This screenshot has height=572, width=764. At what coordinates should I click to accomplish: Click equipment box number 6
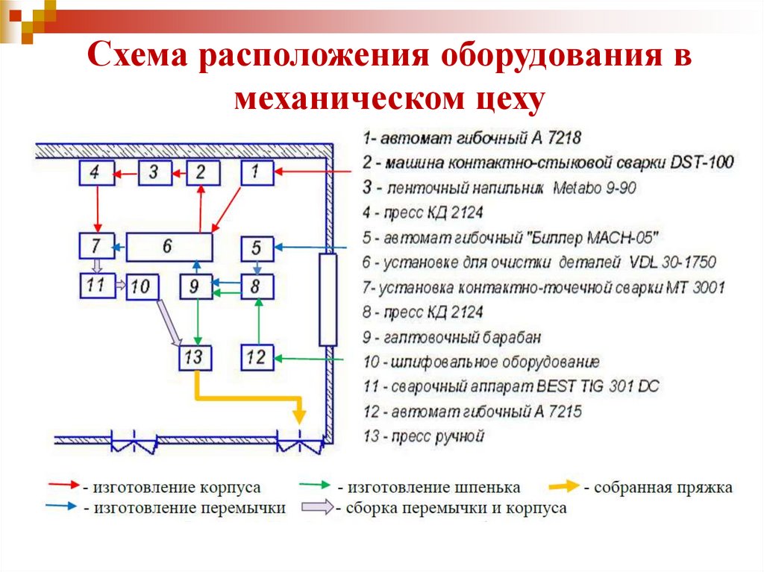tap(169, 246)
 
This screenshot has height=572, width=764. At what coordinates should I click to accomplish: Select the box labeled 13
tap(195, 357)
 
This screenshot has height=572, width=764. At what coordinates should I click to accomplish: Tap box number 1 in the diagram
tap(257, 173)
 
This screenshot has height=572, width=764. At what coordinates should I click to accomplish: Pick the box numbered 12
tap(257, 357)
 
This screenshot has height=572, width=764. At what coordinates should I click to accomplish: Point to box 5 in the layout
tap(257, 247)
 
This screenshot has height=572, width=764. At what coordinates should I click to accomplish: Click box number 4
tap(95, 173)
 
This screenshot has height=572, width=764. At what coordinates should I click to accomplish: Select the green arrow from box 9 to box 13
tap(195, 322)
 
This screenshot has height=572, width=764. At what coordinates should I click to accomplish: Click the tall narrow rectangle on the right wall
tap(328, 299)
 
